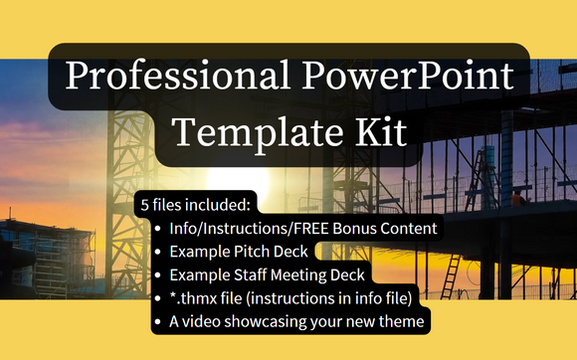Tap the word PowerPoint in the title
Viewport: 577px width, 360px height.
pyautogui.click(x=418, y=79)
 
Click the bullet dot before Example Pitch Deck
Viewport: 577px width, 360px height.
pyautogui.click(x=159, y=252)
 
